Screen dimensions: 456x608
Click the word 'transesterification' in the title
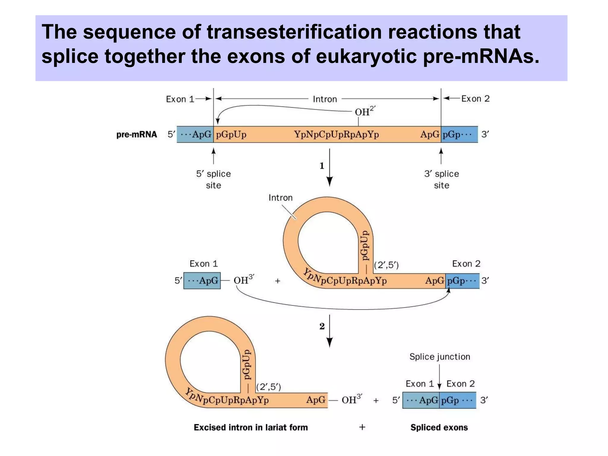point(294,32)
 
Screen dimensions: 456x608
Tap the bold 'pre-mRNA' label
point(137,134)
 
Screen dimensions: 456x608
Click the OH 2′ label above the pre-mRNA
point(365,111)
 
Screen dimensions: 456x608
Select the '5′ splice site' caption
point(213,179)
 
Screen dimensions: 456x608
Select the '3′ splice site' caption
point(441,179)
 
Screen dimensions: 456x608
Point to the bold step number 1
point(322,166)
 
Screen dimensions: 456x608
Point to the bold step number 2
point(322,326)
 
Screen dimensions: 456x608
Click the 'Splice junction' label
point(440,357)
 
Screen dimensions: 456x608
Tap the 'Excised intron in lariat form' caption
point(251,427)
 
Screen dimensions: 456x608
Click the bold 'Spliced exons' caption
point(439,427)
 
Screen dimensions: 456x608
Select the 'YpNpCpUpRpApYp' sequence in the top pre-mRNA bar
point(336,134)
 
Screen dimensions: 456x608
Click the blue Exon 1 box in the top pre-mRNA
point(195,134)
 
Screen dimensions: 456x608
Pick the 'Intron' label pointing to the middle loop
point(281,198)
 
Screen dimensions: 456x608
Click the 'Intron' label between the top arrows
point(325,99)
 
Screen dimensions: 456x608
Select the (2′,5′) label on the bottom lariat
point(268,387)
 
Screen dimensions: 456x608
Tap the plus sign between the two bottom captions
point(362,427)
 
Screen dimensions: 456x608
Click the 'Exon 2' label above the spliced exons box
point(460,384)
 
